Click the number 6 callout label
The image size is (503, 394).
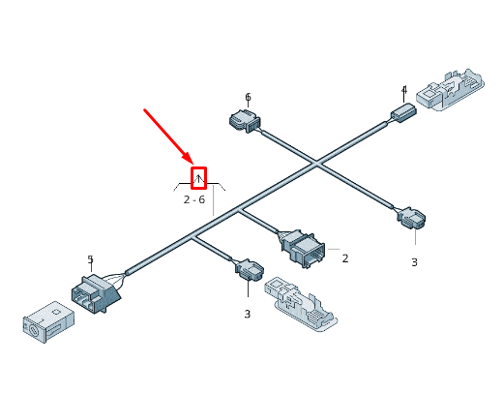(248, 97)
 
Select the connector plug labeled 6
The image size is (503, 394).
(245, 120)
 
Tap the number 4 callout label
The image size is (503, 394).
(404, 90)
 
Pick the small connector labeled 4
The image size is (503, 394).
(403, 112)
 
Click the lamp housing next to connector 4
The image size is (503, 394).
(450, 89)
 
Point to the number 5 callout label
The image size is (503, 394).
(90, 258)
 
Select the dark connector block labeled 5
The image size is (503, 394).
(96, 293)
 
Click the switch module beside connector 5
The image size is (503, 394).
(48, 321)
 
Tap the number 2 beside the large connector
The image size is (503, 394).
(345, 258)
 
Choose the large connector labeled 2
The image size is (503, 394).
(304, 248)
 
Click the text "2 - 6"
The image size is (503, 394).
(194, 199)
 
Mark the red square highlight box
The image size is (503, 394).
(198, 178)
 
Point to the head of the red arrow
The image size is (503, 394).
(192, 164)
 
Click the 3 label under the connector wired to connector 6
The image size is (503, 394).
(414, 262)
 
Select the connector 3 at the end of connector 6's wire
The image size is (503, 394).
(411, 218)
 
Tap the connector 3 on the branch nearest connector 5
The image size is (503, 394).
(250, 270)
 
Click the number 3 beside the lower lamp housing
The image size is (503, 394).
(247, 314)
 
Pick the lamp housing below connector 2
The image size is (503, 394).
(301, 304)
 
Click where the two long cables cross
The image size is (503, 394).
(316, 163)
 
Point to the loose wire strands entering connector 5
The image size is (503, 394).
(114, 280)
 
